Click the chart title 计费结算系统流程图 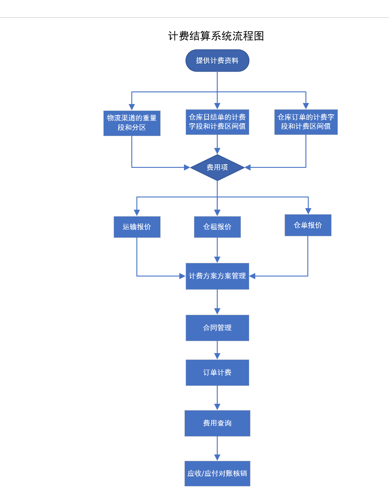(216, 36)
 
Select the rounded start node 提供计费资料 (217, 61)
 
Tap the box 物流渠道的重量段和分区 (132, 123)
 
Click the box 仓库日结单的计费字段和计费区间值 (217, 122)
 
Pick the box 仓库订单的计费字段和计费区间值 (306, 122)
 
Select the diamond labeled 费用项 (217, 167)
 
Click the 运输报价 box (137, 227)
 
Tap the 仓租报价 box (217, 227)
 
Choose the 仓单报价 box (308, 225)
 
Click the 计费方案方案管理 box (217, 276)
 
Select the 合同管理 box (217, 328)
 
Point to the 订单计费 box (217, 372)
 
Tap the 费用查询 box (217, 423)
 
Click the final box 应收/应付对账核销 (217, 473)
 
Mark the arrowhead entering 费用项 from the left (187, 167)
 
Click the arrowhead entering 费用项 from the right (248, 167)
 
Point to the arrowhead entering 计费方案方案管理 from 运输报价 (182, 276)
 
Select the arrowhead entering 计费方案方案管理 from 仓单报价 (252, 276)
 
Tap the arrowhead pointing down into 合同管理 (217, 312)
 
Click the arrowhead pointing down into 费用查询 (217, 407)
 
